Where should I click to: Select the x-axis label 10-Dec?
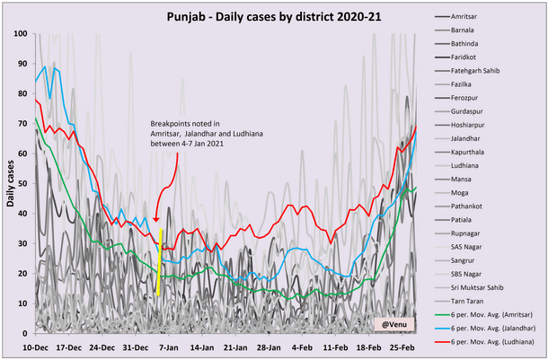pos(36,347)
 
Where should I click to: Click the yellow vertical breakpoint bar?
pos(159,260)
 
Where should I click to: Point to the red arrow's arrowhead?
pos(155,220)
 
